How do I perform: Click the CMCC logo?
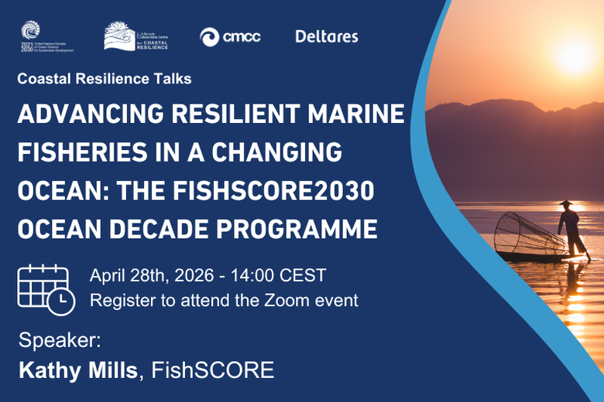(x=230, y=36)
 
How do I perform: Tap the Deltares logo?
(x=326, y=36)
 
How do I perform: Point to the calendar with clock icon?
(x=45, y=288)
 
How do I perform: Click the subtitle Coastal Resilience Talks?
(x=104, y=79)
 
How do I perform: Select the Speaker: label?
(x=60, y=340)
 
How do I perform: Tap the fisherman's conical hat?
(x=567, y=203)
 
